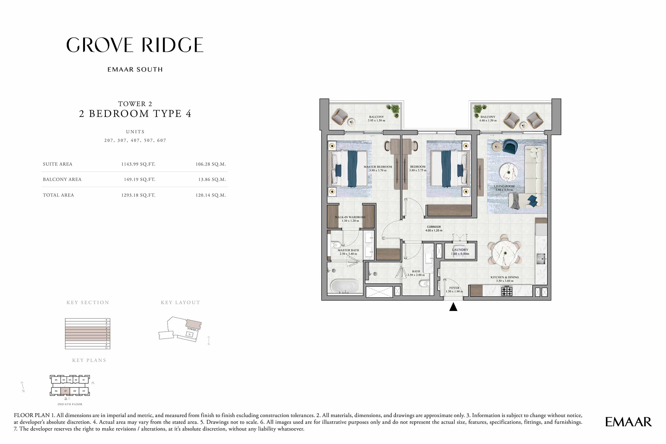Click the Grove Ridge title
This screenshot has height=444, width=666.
[x=135, y=45]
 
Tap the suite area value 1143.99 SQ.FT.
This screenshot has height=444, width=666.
[x=138, y=164]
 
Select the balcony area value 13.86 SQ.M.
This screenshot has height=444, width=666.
[x=212, y=179]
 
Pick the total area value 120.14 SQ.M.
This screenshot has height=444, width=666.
[x=210, y=195]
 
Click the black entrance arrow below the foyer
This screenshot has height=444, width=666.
[x=453, y=307]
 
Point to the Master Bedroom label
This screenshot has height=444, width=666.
[x=378, y=167]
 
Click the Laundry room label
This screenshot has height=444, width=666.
[x=460, y=250]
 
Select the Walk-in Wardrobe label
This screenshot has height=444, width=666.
[x=350, y=217]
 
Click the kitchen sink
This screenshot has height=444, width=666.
[x=541, y=259]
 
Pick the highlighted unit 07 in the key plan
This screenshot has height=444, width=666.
[x=65, y=391]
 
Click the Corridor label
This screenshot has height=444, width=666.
[x=434, y=227]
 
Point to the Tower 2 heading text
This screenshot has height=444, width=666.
[x=135, y=104]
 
